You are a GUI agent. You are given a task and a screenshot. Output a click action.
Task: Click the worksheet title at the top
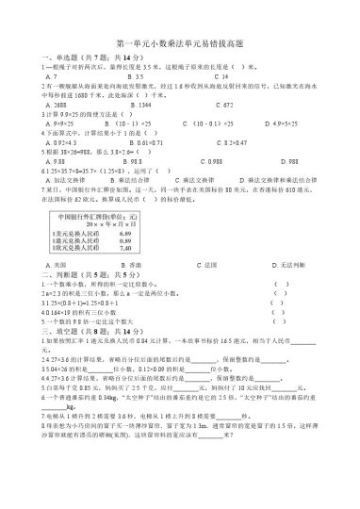click(179, 44)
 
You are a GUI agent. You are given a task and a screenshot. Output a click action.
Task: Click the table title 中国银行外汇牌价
click(98, 217)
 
